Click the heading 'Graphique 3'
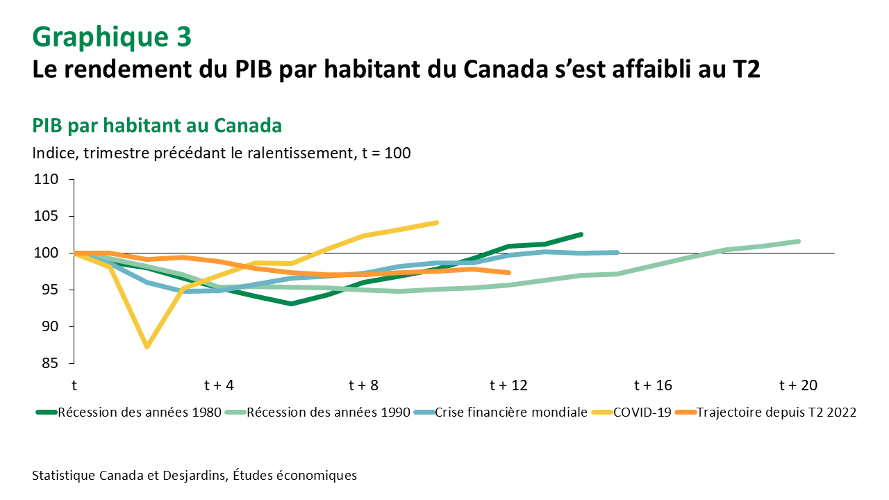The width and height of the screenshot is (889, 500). [111, 37]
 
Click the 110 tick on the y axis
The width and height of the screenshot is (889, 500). [48, 180]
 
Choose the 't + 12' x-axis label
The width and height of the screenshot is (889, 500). [508, 385]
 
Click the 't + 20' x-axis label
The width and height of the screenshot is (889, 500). [799, 385]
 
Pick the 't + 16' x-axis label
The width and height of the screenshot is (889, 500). [654, 385]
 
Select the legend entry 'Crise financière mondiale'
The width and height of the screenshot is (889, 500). [510, 412]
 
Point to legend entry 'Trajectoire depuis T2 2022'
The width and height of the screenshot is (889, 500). [776, 412]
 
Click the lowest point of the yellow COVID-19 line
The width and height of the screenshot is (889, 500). [147, 347]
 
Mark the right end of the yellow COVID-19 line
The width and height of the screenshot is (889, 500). [436, 222]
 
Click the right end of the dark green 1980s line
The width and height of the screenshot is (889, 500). [581, 235]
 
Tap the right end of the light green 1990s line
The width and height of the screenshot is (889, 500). [799, 241]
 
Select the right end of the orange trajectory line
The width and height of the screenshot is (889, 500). [509, 272]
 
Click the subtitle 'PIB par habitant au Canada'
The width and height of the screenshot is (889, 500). [157, 126]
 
